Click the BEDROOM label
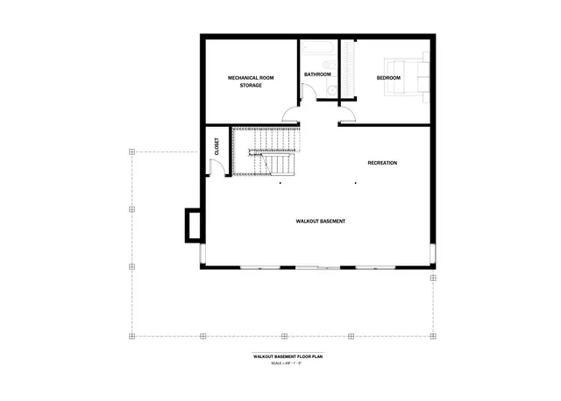pyautogui.click(x=388, y=78)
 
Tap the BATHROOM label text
pyautogui.click(x=317, y=74)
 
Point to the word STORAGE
pyautogui.click(x=252, y=86)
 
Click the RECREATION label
pyautogui.click(x=382, y=163)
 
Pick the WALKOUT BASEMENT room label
pyautogui.click(x=320, y=222)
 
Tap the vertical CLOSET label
pyautogui.click(x=217, y=149)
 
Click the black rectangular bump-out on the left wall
pyautogui.click(x=191, y=225)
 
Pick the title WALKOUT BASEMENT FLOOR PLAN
pyautogui.click(x=289, y=357)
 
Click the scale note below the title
pyautogui.click(x=289, y=363)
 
